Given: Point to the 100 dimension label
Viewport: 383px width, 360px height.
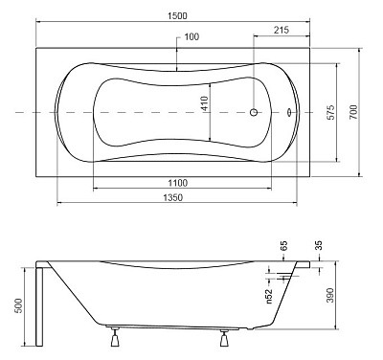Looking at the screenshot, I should [191, 37].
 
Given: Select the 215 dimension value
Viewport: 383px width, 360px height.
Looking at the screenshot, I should [280, 32].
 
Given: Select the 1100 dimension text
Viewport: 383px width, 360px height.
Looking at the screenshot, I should [173, 181].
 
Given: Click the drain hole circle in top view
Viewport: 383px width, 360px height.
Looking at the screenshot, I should [254, 112].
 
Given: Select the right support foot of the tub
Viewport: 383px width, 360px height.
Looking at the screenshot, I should [226, 337].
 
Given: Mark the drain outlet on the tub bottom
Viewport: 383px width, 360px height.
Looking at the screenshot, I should [251, 328].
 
